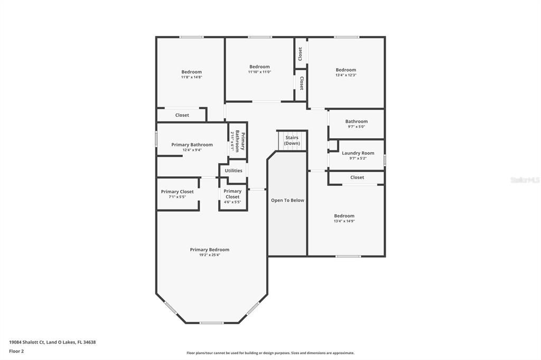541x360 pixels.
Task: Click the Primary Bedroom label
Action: tap(210, 250)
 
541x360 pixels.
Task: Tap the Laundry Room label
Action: tap(358, 153)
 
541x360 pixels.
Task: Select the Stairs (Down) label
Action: tap(292, 140)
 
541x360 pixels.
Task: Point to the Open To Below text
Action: tap(287, 201)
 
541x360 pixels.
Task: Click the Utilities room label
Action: tap(234, 170)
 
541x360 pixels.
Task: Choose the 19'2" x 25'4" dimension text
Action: tap(210, 255)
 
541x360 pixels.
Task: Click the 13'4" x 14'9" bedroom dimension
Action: tap(344, 221)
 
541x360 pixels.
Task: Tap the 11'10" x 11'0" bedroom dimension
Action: tap(259, 72)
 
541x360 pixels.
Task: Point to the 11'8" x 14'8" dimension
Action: tap(191, 77)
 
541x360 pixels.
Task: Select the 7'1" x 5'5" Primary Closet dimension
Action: tap(177, 197)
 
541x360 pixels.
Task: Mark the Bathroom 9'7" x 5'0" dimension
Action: tap(356, 127)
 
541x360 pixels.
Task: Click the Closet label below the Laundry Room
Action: tap(357, 177)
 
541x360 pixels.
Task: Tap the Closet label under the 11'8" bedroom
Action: tap(182, 115)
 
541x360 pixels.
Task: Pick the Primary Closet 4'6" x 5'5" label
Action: tap(232, 194)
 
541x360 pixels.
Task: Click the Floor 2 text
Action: tap(16, 351)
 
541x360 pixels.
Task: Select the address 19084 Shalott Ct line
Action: tap(52, 342)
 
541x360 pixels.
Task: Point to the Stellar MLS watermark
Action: tap(525, 180)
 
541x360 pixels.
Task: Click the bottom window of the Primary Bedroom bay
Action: tap(211, 323)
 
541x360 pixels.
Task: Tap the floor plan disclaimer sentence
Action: tap(270, 353)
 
